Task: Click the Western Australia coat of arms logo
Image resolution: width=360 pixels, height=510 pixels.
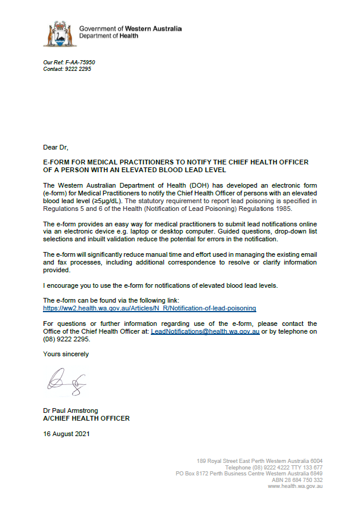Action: pos(60,33)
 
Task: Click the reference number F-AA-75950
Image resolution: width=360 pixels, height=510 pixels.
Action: pos(78,63)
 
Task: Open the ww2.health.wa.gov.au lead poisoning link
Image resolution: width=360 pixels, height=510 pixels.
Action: pos(150,309)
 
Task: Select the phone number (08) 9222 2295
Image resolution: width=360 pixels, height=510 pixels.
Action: pos(66,340)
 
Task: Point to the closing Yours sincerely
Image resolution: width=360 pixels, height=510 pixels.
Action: pos(66,354)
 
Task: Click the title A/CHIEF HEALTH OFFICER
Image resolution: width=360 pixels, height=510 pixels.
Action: pos(86,419)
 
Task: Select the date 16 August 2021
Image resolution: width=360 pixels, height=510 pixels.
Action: pos(66,434)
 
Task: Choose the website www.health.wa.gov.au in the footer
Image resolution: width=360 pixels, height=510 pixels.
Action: pos(296,486)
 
